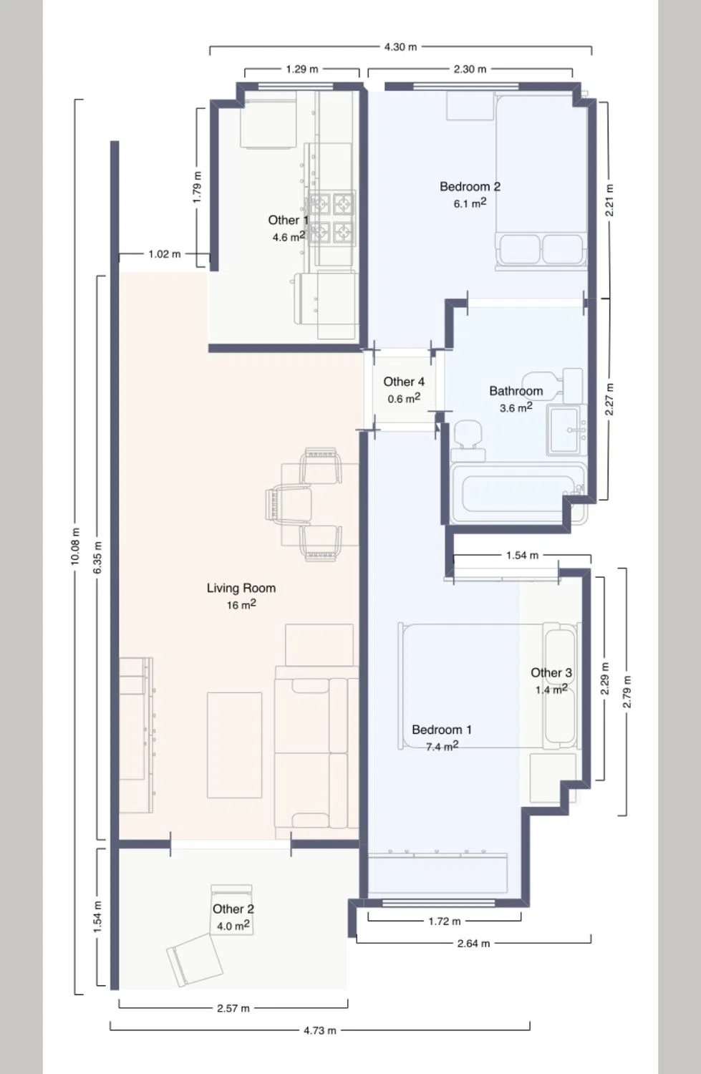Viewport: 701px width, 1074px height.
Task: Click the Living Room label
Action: click(241, 588)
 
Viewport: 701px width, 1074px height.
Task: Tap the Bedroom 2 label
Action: click(470, 186)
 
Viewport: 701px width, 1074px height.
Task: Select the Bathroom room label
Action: click(516, 391)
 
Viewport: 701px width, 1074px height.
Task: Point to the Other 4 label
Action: click(404, 382)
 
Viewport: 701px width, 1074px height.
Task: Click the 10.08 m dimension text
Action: click(76, 546)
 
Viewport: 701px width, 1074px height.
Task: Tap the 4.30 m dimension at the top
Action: click(400, 47)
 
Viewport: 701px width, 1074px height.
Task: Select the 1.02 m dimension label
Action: click(165, 254)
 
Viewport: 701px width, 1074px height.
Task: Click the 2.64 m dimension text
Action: click(473, 944)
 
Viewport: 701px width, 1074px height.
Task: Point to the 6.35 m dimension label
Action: click(98, 557)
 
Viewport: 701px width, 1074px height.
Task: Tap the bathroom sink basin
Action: click(567, 430)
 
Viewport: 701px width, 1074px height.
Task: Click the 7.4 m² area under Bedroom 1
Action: click(442, 746)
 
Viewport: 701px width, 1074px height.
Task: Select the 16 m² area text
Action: click(241, 604)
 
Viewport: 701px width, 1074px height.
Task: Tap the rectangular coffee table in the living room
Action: click(234, 745)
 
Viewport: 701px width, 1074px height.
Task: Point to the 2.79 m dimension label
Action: click(627, 692)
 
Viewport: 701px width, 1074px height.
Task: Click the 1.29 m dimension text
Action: click(302, 69)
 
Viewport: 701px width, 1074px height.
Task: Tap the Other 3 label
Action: click(551, 673)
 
